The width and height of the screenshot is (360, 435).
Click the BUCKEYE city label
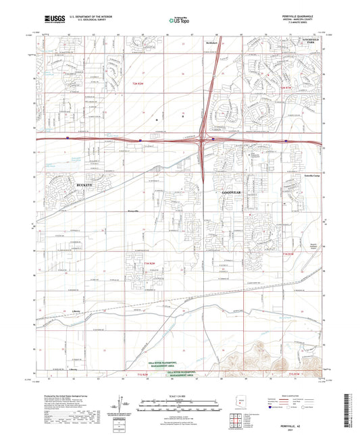(x=65, y=183)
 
